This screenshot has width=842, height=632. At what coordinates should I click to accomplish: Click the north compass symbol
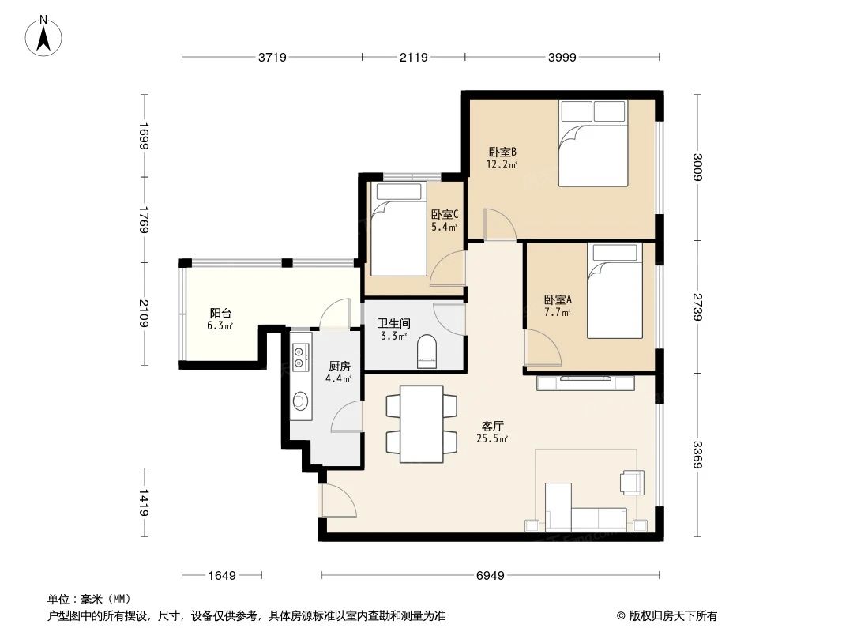(46, 36)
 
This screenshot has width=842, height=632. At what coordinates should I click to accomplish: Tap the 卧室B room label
(502, 152)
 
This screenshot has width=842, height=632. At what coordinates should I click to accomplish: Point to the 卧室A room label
(558, 300)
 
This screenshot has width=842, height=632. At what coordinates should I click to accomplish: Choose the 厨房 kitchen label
(339, 366)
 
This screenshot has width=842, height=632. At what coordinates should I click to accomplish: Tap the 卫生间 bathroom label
(393, 323)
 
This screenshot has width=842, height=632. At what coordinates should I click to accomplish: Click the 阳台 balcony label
(220, 313)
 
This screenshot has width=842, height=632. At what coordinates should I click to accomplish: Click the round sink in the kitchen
(300, 401)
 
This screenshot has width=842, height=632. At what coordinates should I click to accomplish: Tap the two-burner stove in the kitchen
(300, 357)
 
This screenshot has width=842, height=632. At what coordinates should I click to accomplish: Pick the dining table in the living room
(421, 423)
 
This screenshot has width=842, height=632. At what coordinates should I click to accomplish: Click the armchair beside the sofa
(633, 482)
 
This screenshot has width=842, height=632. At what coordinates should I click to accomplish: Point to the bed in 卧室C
(398, 228)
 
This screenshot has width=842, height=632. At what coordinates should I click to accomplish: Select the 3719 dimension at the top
(272, 57)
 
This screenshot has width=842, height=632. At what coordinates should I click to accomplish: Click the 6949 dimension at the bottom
(490, 576)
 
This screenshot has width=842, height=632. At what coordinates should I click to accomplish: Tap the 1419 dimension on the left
(143, 503)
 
